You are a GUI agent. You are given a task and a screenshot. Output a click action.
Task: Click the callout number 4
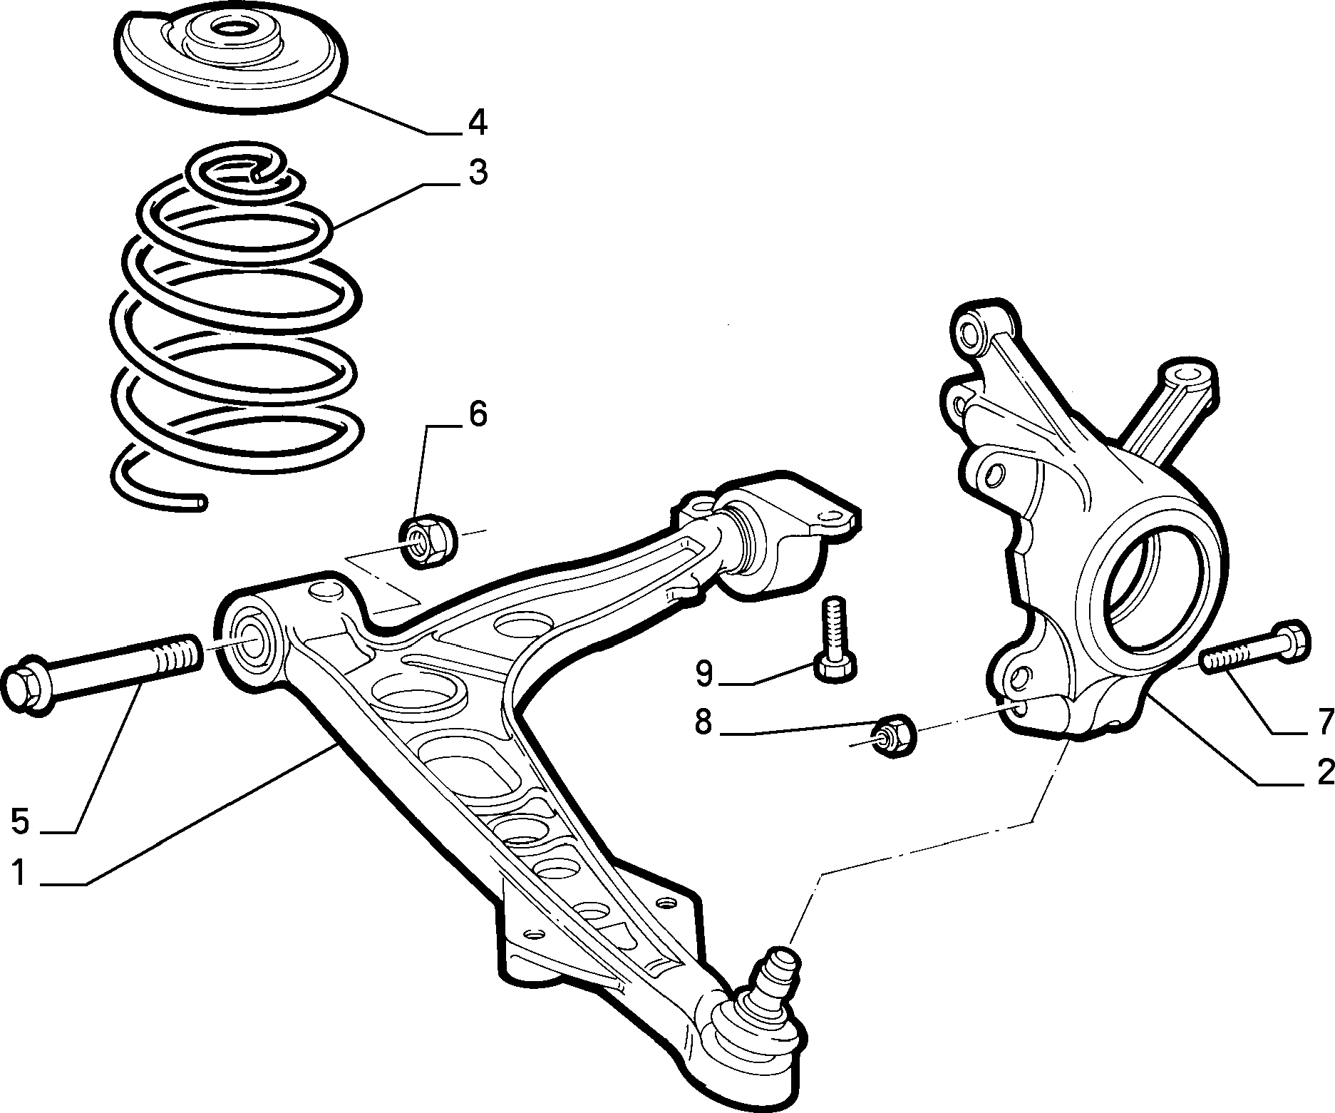(477, 123)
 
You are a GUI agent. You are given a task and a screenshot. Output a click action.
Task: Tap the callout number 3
(477, 173)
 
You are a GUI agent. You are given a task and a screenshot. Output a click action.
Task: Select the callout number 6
(477, 414)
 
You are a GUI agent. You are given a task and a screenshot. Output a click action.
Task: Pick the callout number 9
(704, 674)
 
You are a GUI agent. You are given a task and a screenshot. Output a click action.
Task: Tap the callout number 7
(1324, 722)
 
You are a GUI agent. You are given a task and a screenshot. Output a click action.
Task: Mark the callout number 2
(1324, 771)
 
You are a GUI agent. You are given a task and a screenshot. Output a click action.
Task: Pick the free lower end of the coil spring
(200, 503)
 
